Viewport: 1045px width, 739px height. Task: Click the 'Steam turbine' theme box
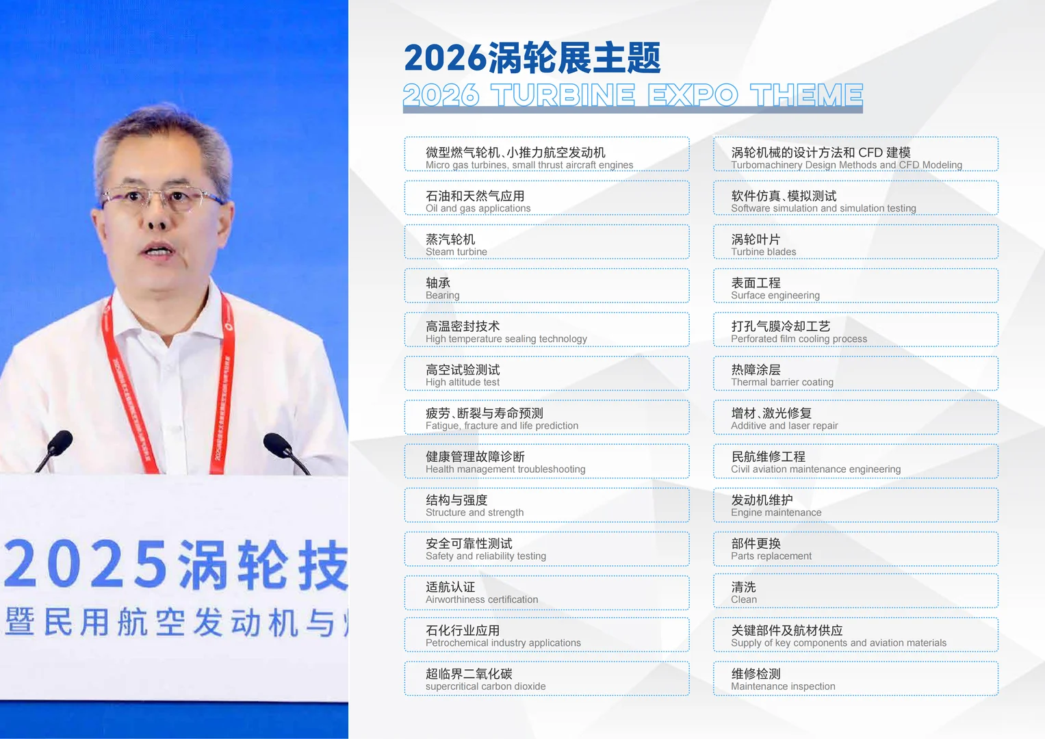[x=546, y=242]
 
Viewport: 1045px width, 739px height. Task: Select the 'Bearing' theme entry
[x=546, y=286]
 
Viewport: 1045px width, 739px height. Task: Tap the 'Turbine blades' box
[x=855, y=242]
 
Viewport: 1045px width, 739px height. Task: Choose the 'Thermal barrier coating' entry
[x=855, y=374]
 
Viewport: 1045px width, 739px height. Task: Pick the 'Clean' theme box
[x=855, y=592]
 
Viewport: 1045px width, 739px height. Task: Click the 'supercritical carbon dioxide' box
[x=546, y=679]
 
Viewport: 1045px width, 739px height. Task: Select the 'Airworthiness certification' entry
[x=546, y=592]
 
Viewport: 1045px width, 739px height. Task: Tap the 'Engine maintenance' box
[x=855, y=505]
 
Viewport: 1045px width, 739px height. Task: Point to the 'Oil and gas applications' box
[x=546, y=198]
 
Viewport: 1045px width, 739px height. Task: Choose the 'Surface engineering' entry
[x=855, y=286]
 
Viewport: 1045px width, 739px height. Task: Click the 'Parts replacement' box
[x=855, y=548]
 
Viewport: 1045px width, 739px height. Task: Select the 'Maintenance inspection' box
[x=855, y=679]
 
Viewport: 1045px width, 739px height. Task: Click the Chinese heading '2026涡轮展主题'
[x=532, y=57]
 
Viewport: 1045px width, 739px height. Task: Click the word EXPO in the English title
[x=692, y=96]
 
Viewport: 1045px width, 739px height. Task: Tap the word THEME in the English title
[x=805, y=96]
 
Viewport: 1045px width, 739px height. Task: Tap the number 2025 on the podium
[x=86, y=564]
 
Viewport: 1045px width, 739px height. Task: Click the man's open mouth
[x=159, y=251]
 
